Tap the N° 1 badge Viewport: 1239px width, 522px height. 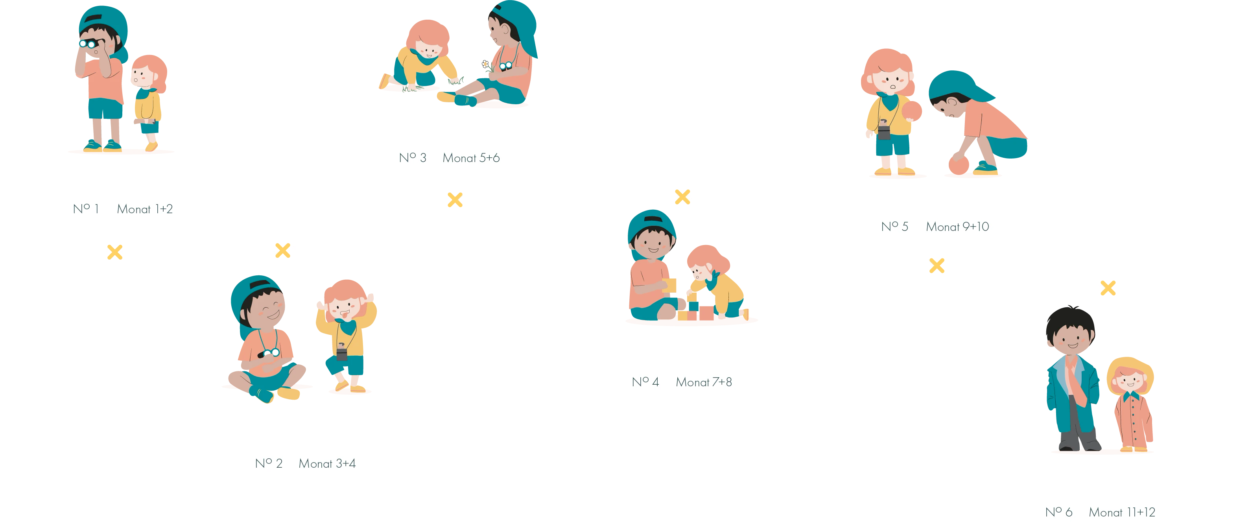tap(86, 209)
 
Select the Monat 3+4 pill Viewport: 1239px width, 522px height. tap(327, 464)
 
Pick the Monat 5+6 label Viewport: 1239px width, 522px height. tap(471, 158)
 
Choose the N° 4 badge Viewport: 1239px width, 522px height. tap(645, 382)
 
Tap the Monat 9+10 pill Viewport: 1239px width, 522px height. tap(957, 227)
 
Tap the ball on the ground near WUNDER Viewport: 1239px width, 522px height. tap(959, 164)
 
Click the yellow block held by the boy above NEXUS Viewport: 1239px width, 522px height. tap(669, 285)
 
